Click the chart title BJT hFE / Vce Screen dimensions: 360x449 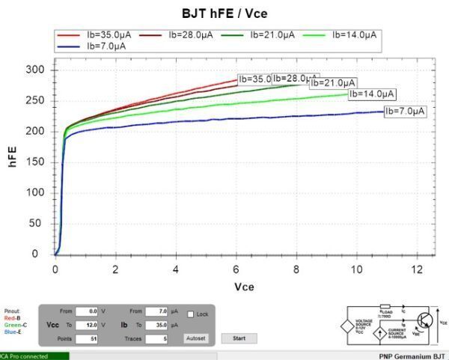(x=224, y=13)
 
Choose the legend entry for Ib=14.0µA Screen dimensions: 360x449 (x=356, y=34)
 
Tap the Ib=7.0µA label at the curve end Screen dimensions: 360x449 (x=405, y=112)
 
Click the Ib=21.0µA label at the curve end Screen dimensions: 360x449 (x=335, y=82)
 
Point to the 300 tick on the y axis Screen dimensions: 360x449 (x=36, y=70)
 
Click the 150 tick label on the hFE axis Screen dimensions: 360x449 (x=36, y=162)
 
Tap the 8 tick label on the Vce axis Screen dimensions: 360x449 (x=296, y=268)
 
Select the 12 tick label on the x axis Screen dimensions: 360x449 (x=418, y=268)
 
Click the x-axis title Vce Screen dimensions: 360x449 (x=245, y=287)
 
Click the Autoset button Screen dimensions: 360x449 (x=196, y=338)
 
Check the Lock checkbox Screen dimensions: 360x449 (x=191, y=314)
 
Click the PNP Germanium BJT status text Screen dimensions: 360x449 (x=412, y=356)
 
